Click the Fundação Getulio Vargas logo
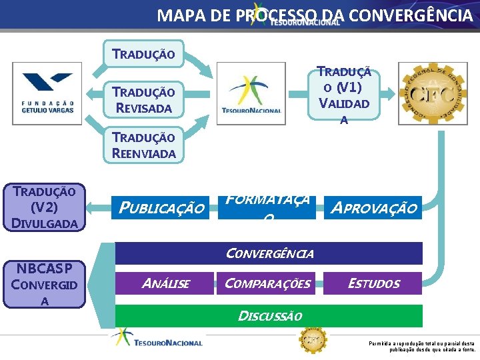click(47, 93)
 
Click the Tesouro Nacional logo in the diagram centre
click(252, 93)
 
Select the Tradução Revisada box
click(143, 99)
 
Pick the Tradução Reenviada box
click(143, 145)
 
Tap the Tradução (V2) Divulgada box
click(45, 207)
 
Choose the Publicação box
click(161, 208)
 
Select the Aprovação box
click(373, 208)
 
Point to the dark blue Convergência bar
click(269, 253)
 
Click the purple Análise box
click(165, 283)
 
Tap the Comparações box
click(267, 283)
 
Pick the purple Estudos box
click(373, 283)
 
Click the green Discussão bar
click(269, 315)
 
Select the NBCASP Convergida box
click(45, 284)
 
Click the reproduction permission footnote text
click(421, 346)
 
